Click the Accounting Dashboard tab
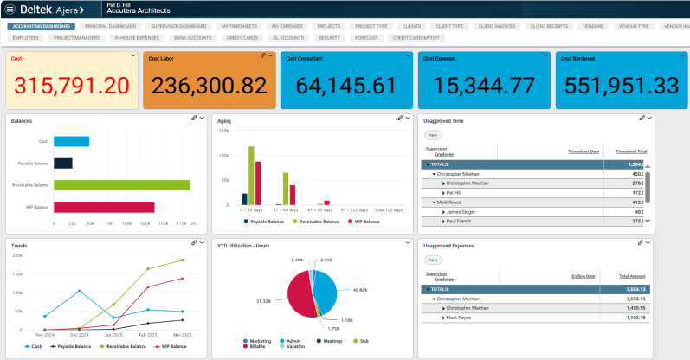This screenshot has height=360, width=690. [42, 27]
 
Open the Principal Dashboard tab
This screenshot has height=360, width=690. [110, 27]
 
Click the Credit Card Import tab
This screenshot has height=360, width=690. [417, 38]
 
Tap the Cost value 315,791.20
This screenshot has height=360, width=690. [73, 86]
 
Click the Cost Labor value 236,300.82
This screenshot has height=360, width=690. [209, 86]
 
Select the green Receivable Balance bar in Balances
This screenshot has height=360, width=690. [121, 185]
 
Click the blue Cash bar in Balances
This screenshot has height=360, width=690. [71, 141]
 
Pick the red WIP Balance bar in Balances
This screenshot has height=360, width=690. [104, 207]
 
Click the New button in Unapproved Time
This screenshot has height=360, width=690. [432, 135]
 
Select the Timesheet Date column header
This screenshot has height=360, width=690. [585, 151]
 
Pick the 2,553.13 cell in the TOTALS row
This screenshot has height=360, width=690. [632, 289]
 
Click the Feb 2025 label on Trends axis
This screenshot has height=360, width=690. [148, 334]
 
